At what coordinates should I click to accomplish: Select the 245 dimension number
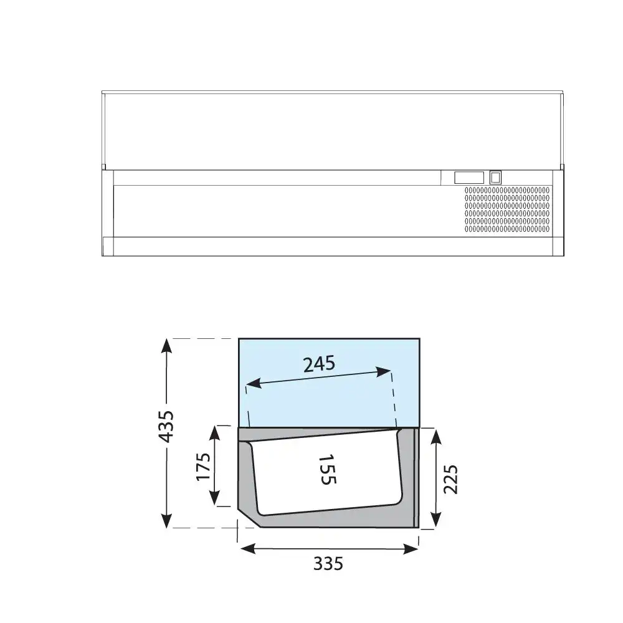319,364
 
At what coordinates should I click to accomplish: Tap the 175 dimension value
203,466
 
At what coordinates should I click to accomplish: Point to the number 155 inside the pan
328,469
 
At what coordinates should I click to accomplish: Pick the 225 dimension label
450,479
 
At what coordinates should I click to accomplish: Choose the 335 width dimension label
328,563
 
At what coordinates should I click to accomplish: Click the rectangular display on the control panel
469,178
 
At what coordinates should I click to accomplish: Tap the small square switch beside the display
495,178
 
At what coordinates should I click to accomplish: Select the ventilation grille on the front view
507,210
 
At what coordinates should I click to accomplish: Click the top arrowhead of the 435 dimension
167,346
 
